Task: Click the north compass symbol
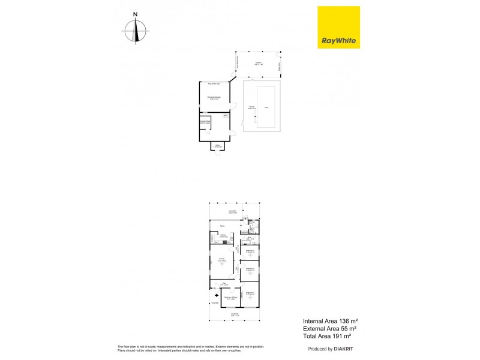coord(136,30)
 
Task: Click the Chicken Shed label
coord(204,122)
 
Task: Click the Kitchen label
coord(223,235)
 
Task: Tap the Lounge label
coord(221,259)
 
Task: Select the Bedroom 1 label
coord(250,293)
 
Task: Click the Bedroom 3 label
coord(250,252)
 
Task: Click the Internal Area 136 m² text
coord(329,321)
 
